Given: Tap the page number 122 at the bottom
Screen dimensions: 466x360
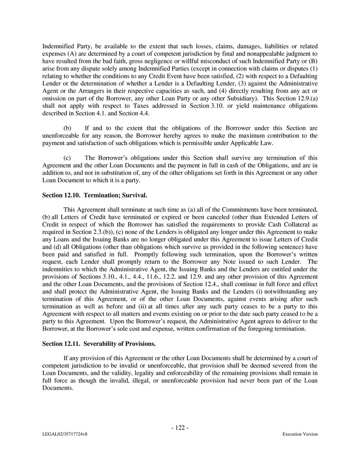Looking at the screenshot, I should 180,428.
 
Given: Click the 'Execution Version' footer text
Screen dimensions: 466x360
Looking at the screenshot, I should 300,434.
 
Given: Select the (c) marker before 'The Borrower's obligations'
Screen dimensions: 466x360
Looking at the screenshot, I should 68,158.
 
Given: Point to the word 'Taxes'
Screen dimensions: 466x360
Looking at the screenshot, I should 172,105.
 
